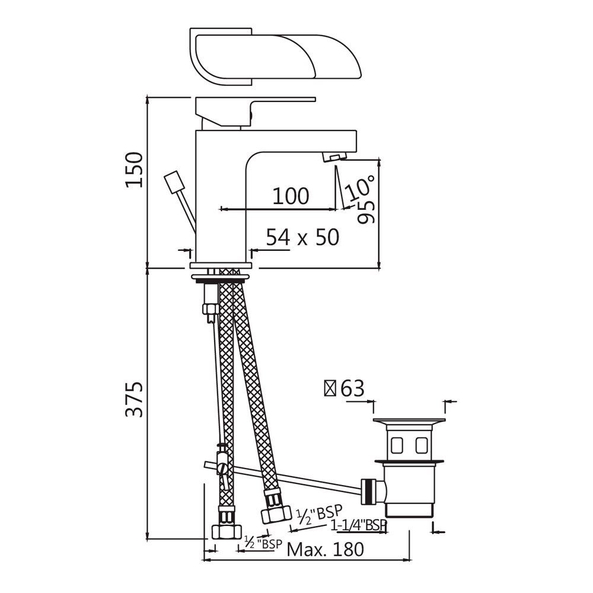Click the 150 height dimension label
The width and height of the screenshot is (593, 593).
click(x=135, y=170)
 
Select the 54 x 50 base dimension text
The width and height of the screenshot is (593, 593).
click(x=302, y=237)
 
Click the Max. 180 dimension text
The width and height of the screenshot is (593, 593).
click(x=325, y=549)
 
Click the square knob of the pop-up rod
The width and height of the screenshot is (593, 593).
click(x=173, y=181)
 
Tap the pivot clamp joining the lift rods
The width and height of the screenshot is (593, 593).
click(x=223, y=466)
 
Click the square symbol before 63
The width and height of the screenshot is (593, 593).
click(x=329, y=389)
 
